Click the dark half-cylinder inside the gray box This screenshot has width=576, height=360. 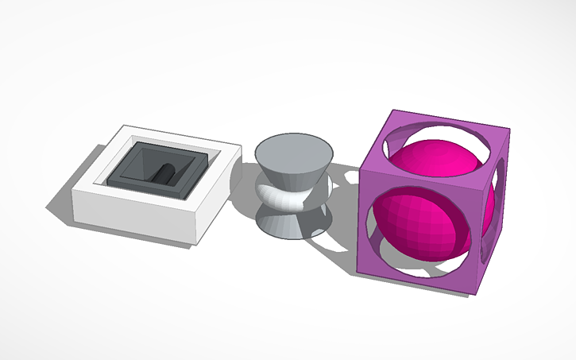point(165,174)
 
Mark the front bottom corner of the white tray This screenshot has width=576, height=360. point(191,244)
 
